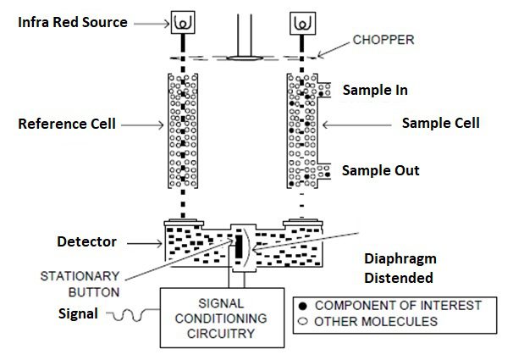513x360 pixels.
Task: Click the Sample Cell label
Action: [440, 123]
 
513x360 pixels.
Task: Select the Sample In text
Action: [375, 89]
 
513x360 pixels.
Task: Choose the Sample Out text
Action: [380, 170]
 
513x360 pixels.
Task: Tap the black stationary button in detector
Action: [240, 246]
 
